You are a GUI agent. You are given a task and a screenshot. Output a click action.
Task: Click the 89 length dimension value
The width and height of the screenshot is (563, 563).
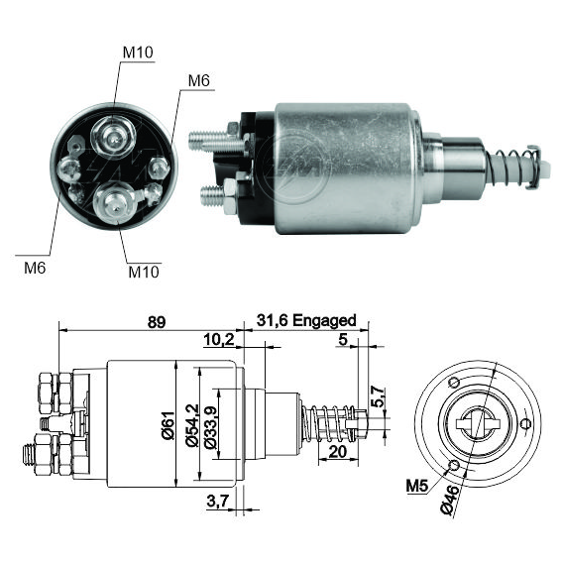[x=157, y=322]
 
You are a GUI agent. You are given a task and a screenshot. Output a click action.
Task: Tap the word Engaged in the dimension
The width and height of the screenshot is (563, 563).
[x=324, y=320]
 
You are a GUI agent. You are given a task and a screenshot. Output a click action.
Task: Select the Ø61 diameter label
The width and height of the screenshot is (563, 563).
[x=169, y=425]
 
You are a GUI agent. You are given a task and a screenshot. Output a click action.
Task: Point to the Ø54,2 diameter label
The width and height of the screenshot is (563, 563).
[x=192, y=425]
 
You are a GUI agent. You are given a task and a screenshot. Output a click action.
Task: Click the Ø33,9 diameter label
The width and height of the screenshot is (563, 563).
[x=210, y=427]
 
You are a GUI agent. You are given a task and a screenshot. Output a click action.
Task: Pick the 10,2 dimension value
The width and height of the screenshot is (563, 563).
[x=219, y=339]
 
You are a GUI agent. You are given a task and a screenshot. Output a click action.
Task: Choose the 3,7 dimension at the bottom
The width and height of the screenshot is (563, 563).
[x=217, y=501]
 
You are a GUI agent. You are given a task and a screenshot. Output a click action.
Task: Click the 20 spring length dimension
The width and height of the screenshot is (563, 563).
[x=338, y=452]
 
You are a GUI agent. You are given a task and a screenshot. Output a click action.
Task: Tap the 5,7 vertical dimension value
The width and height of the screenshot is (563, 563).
[x=377, y=396]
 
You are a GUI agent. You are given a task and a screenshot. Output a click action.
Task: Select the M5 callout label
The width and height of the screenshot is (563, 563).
[x=417, y=486]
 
